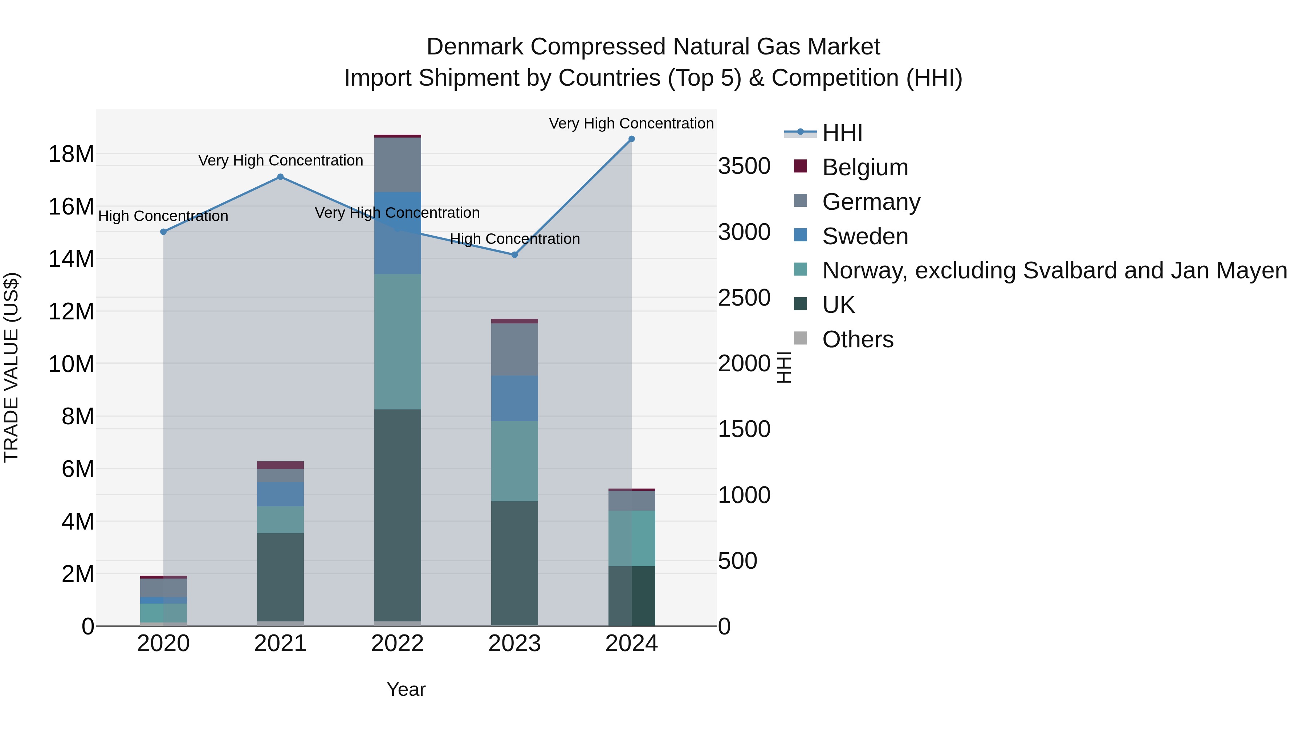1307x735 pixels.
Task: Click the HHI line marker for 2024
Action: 631,139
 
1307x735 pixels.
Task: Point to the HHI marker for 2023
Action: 514,255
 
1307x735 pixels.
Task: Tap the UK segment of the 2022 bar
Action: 397,515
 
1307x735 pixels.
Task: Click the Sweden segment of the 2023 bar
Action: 514,398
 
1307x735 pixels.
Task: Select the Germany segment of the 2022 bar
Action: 397,165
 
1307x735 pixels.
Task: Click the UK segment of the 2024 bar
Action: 631,596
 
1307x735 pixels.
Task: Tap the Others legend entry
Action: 858,339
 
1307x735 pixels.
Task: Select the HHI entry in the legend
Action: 842,133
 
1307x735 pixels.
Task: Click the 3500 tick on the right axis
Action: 744,166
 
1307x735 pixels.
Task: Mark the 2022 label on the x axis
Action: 397,644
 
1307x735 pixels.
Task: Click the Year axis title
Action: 406,689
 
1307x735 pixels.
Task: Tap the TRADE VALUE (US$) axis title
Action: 11,367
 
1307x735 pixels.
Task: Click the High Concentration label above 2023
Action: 514,239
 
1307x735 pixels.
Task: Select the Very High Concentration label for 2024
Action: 631,123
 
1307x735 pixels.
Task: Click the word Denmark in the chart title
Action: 475,47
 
